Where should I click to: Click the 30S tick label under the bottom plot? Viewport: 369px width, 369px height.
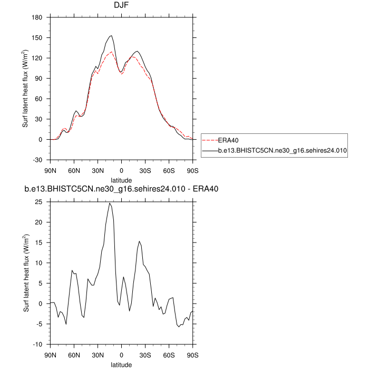tap(145, 355)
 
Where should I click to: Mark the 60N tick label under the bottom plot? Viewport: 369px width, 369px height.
tap(74, 355)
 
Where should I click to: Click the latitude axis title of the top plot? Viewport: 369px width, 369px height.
tap(122, 180)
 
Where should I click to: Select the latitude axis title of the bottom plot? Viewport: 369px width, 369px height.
tap(122, 364)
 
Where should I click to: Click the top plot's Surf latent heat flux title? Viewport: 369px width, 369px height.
tap(25, 89)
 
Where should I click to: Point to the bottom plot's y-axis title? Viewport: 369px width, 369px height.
tap(25, 273)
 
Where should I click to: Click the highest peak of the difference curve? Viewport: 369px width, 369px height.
tap(110, 203)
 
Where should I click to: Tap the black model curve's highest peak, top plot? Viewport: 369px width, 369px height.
tap(111, 36)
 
